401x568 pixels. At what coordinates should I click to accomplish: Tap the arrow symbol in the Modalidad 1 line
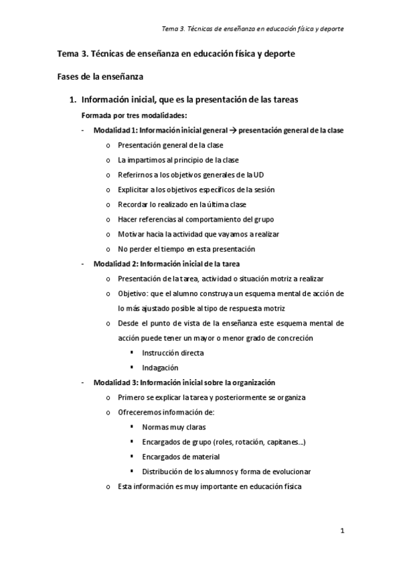pyautogui.click(x=232, y=131)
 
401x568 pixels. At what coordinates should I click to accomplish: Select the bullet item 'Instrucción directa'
pyautogui.click(x=173, y=352)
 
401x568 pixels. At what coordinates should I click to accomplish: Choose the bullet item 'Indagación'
pyautogui.click(x=160, y=368)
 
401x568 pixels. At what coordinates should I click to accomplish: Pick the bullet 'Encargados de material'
pyautogui.click(x=181, y=457)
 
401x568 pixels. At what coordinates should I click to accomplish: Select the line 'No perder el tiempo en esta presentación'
pyautogui.click(x=186, y=249)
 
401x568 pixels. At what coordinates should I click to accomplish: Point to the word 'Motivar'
pyautogui.click(x=131, y=234)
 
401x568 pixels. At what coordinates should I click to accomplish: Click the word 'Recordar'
pyautogui.click(x=133, y=204)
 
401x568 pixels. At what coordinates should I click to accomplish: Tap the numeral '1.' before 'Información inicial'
pyautogui.click(x=74, y=100)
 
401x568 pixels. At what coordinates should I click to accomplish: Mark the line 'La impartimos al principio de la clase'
pyautogui.click(x=178, y=159)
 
